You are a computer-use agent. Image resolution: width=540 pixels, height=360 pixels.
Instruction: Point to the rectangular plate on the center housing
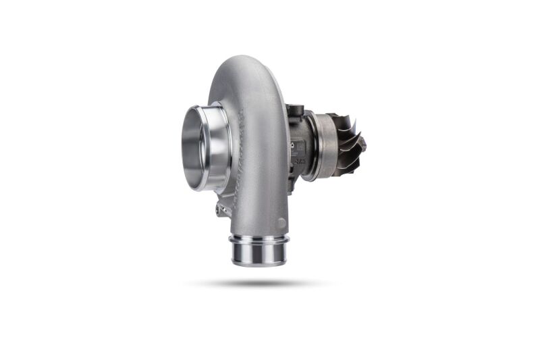[298, 146]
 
